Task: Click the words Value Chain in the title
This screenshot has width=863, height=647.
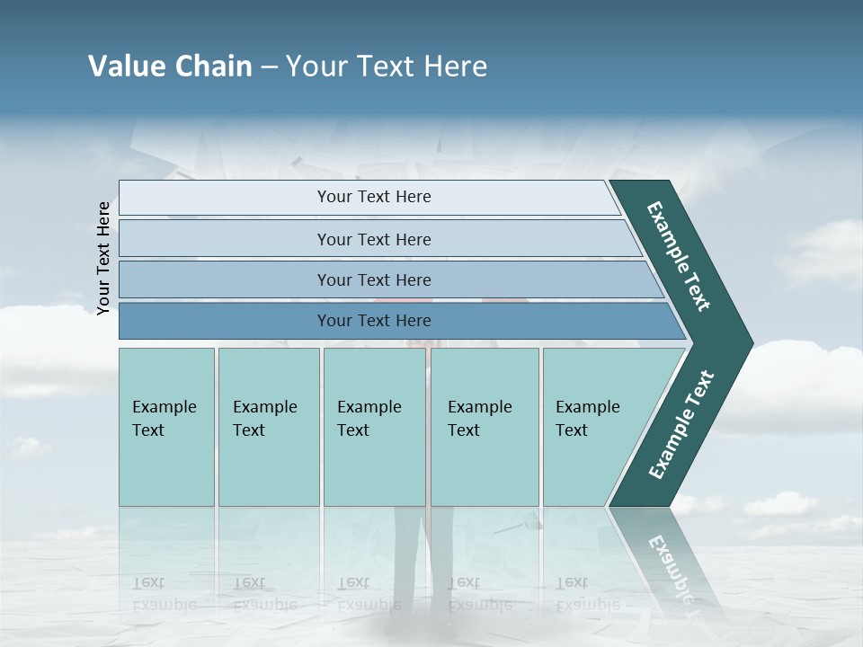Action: [170, 66]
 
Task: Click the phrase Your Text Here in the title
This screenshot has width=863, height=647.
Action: [387, 66]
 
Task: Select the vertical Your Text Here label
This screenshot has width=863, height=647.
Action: [103, 259]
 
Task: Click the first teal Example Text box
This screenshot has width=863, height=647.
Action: [166, 467]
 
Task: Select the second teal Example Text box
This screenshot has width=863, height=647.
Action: [269, 467]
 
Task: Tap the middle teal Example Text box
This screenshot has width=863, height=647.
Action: [375, 467]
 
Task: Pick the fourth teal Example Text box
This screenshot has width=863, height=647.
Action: [485, 467]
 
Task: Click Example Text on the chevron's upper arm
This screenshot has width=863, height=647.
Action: [679, 256]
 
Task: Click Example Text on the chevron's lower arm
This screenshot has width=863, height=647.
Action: [681, 424]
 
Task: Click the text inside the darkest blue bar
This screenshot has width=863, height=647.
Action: [374, 321]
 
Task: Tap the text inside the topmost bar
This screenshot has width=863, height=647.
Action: [374, 197]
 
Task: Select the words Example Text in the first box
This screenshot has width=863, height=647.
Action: [164, 419]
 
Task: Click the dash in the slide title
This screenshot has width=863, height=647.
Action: [269, 67]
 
